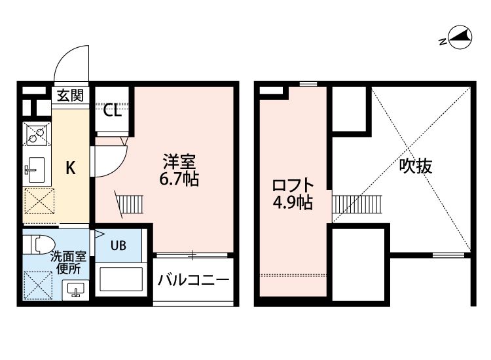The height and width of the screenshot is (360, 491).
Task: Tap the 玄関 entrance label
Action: (x=69, y=96)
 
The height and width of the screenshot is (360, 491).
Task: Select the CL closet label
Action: (x=113, y=111)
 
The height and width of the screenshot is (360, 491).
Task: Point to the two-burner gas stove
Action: (x=36, y=135)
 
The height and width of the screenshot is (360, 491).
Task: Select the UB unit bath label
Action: (x=118, y=246)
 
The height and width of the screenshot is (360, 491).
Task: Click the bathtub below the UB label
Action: (x=119, y=279)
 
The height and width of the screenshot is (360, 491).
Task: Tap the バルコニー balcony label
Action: (x=193, y=280)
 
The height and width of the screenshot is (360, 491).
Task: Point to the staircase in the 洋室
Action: (x=129, y=203)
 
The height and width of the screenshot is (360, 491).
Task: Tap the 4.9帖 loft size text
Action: (x=292, y=202)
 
